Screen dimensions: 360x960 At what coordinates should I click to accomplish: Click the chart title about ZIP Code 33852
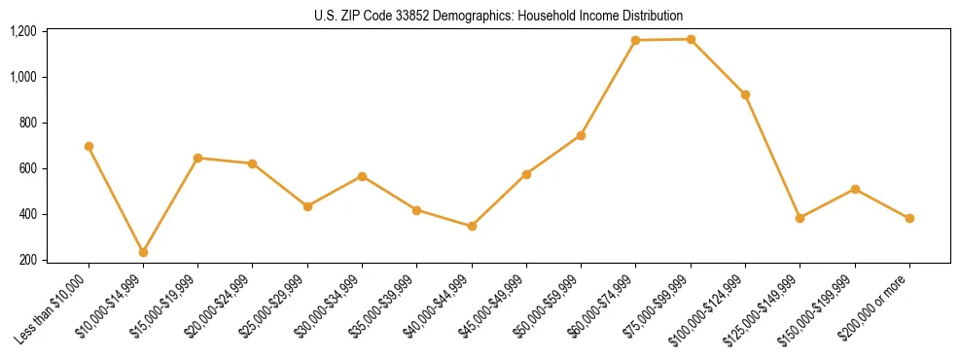(499, 16)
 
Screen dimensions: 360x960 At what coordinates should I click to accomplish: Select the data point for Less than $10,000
(89, 146)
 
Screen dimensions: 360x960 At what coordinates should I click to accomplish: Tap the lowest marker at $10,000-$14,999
(143, 252)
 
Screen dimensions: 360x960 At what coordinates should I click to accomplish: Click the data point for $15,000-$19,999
(197, 158)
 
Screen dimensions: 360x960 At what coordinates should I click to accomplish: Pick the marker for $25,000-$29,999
(307, 206)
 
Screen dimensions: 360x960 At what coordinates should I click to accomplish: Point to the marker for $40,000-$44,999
(472, 226)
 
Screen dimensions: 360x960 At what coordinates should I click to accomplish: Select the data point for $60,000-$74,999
(635, 40)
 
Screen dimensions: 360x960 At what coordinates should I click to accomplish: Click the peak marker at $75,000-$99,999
(691, 39)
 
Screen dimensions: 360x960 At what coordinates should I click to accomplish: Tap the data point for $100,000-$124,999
(745, 94)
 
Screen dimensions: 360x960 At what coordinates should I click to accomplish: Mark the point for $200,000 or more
(909, 218)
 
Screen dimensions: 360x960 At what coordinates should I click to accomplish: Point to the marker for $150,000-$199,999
(855, 189)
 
